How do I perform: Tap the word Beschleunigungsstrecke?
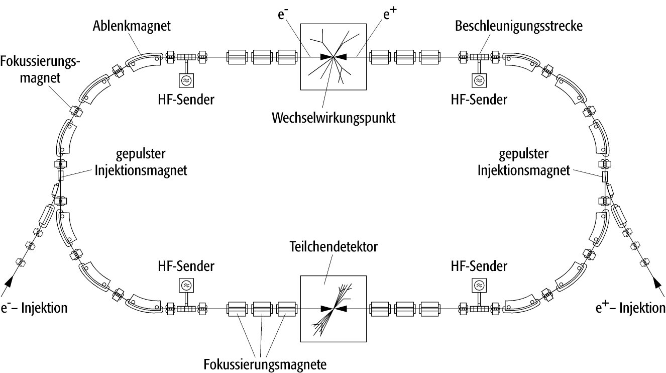coord(519,26)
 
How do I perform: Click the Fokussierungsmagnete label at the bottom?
coord(265,362)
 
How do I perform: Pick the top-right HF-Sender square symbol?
coord(479,79)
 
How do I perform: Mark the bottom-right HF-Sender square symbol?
coord(479,286)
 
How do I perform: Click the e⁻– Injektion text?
coord(34,307)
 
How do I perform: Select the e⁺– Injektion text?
coord(629,307)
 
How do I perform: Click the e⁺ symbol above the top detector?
coord(388,14)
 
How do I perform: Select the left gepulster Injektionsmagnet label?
coord(141,162)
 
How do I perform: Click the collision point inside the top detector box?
coord(334,57)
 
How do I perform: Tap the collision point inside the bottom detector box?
coord(334,308)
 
